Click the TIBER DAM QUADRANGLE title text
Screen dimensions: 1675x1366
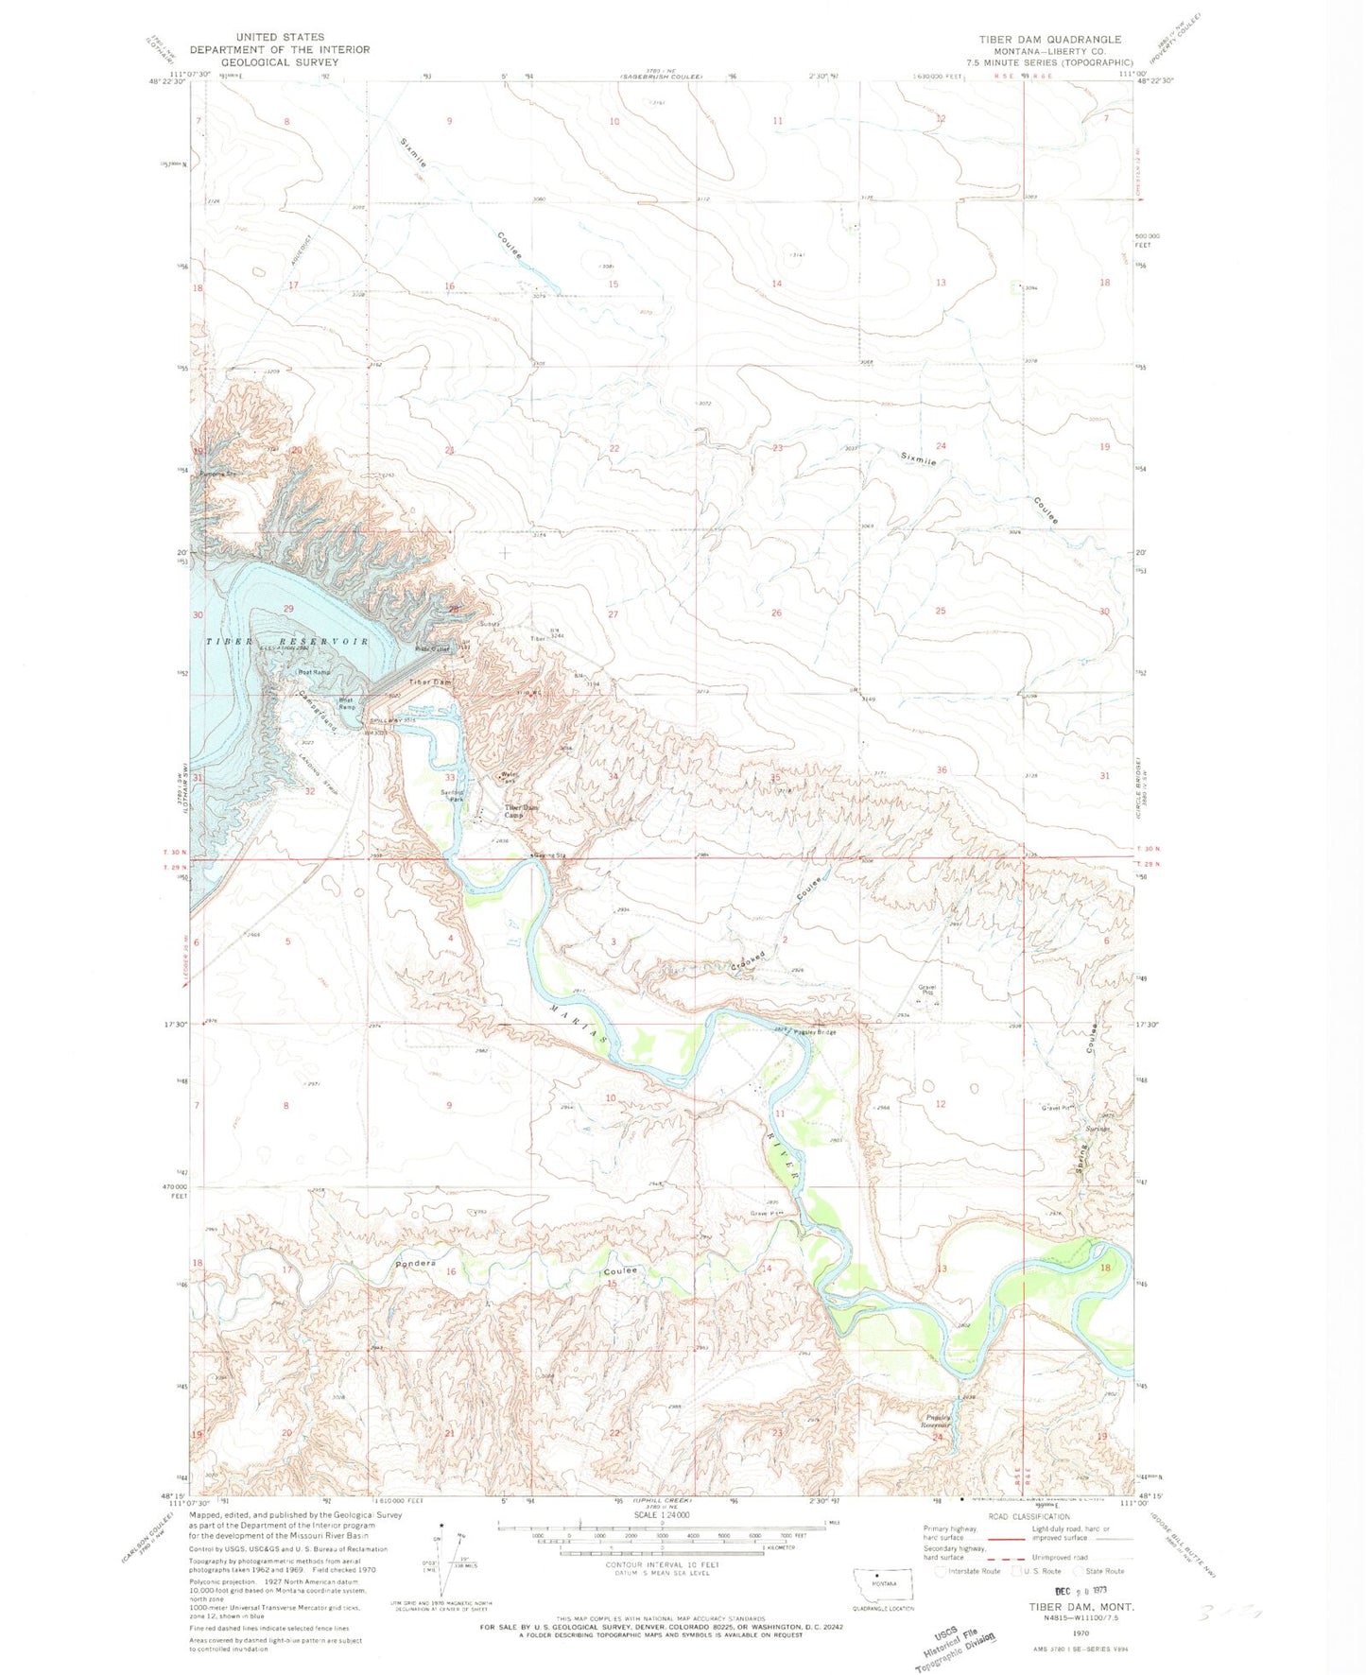1049,40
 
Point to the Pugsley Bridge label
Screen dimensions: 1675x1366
814,1032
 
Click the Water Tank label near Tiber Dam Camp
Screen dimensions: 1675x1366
508,779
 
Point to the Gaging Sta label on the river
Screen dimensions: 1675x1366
547,856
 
